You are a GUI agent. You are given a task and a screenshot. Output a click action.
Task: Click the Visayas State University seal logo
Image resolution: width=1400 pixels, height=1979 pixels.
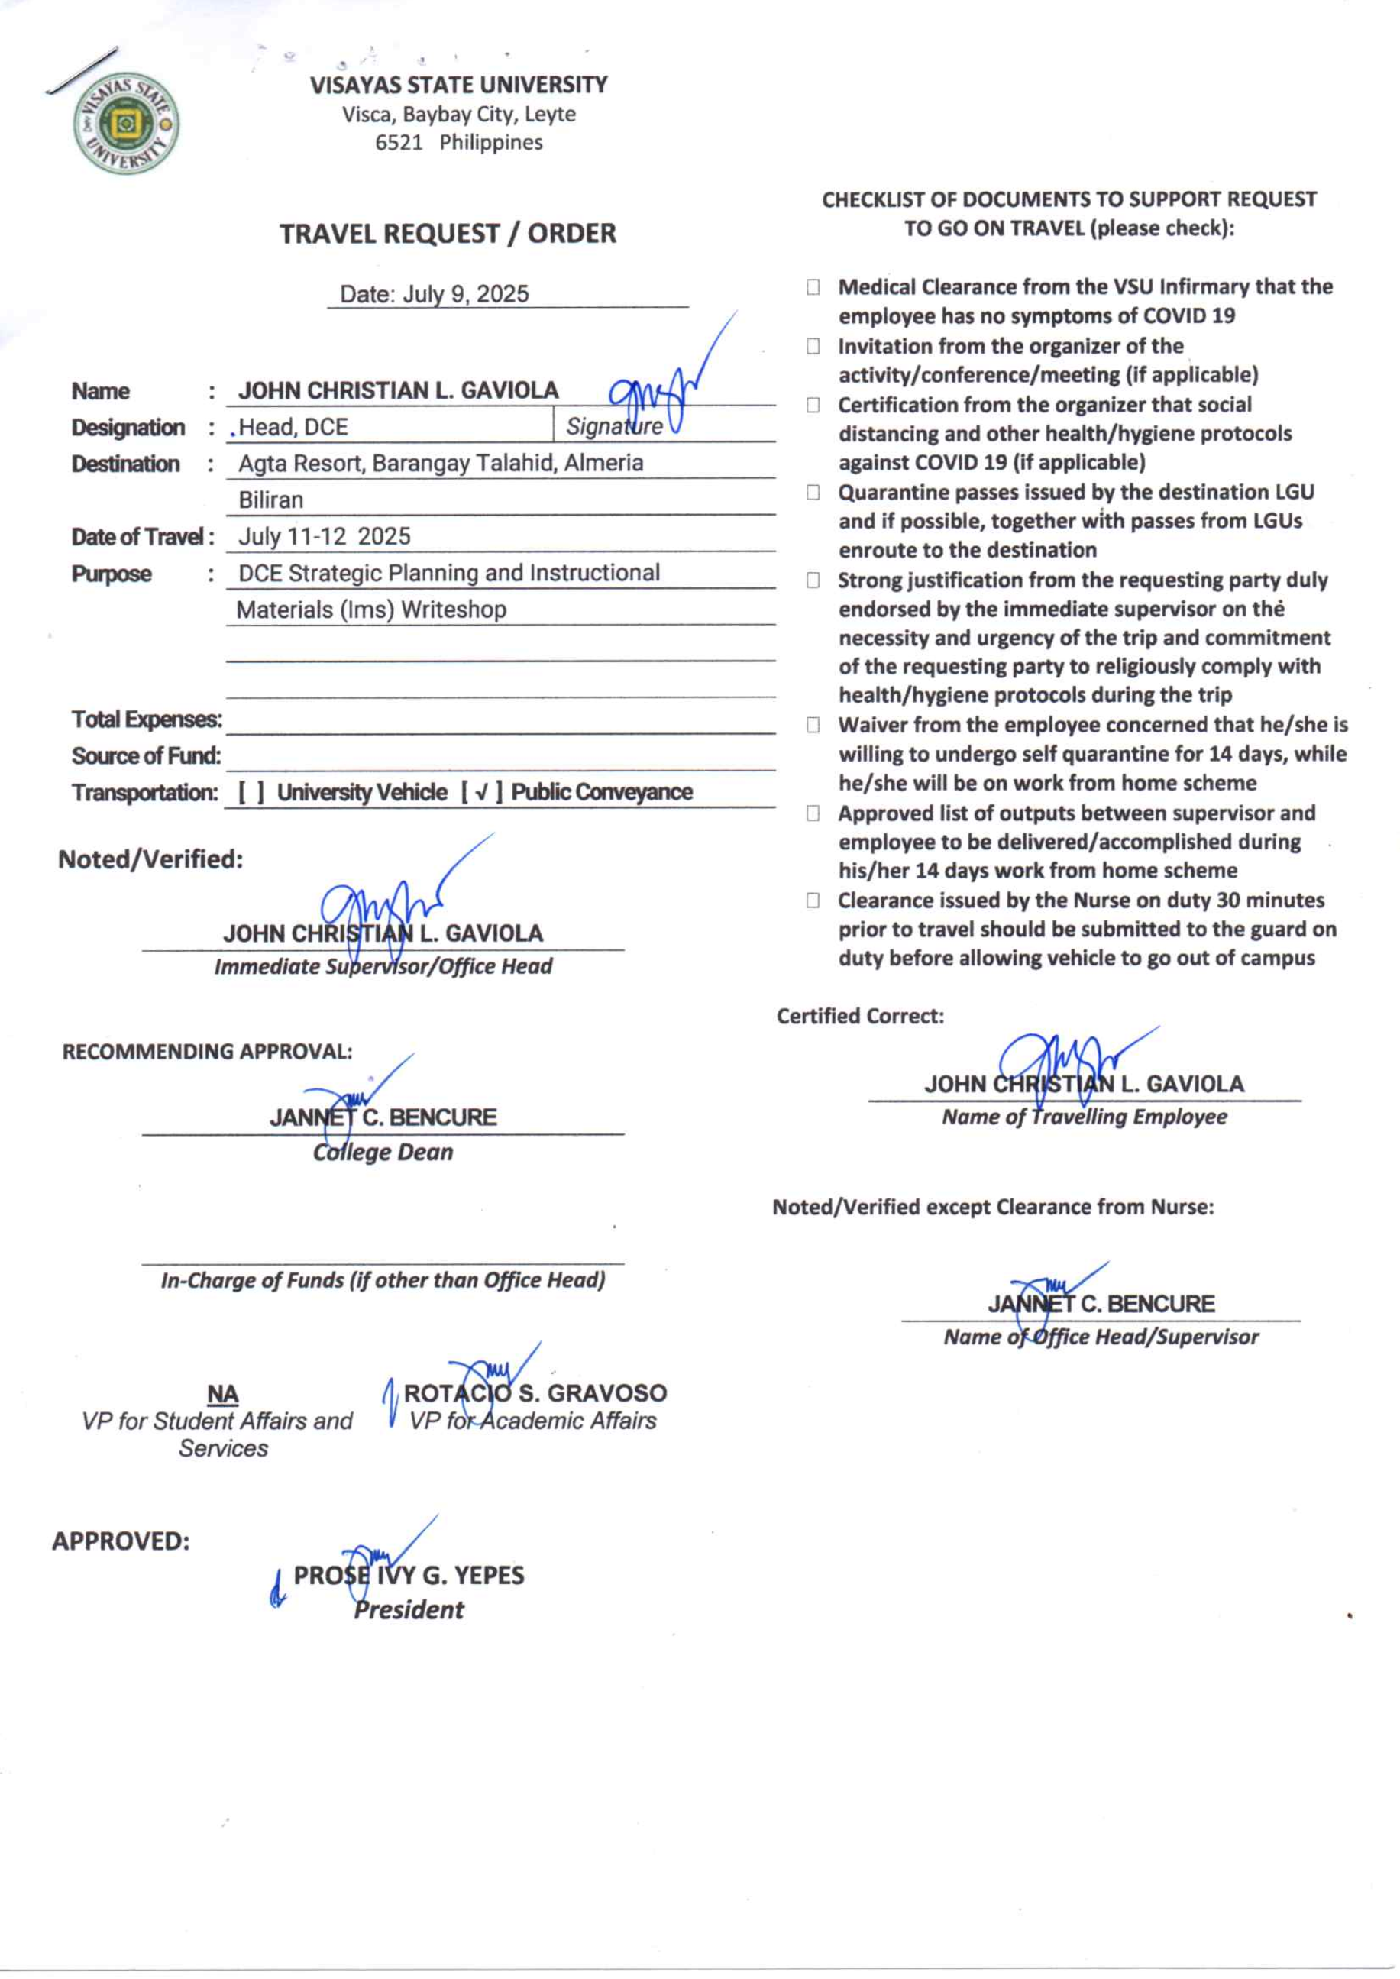click(x=126, y=123)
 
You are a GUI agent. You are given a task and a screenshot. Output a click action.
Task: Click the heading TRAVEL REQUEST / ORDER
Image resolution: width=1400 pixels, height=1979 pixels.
click(x=448, y=234)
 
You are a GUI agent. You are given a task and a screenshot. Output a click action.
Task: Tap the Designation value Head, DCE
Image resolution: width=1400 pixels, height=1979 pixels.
click(x=293, y=427)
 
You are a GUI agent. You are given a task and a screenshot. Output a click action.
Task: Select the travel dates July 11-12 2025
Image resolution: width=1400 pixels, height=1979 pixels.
click(x=324, y=536)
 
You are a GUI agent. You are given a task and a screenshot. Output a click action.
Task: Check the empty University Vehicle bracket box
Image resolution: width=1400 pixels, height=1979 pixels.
click(x=251, y=792)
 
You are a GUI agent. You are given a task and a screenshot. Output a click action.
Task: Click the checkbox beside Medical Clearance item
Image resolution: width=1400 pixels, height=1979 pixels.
click(x=813, y=287)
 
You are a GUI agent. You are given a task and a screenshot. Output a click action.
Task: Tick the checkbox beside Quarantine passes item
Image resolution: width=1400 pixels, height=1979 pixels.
click(x=813, y=492)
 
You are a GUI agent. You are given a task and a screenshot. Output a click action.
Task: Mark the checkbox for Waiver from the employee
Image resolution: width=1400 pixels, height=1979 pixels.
click(x=813, y=725)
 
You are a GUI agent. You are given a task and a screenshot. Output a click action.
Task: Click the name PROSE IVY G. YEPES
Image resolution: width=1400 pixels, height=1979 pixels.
click(x=409, y=1575)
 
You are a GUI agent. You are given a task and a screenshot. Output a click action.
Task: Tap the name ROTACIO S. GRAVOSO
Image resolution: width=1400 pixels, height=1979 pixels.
click(x=535, y=1393)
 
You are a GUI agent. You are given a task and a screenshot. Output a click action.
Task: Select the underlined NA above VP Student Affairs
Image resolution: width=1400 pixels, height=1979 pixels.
click(x=222, y=1394)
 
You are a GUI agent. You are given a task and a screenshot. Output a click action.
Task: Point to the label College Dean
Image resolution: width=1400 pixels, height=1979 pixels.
click(x=383, y=1153)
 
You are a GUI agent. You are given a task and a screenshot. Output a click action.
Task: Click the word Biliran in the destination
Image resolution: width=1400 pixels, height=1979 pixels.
click(x=270, y=500)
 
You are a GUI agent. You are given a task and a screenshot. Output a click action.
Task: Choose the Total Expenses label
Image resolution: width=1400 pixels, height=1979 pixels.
click(x=147, y=719)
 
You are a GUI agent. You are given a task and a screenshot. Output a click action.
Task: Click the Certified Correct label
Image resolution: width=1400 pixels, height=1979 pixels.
click(x=859, y=1016)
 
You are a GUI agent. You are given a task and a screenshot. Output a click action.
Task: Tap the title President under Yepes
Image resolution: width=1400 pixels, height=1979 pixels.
click(x=409, y=1609)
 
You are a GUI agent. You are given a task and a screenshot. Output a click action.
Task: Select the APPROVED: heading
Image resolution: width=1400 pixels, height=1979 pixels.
click(x=121, y=1541)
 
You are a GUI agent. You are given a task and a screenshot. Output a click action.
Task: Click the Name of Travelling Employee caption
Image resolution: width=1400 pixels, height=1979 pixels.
click(x=1084, y=1117)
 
